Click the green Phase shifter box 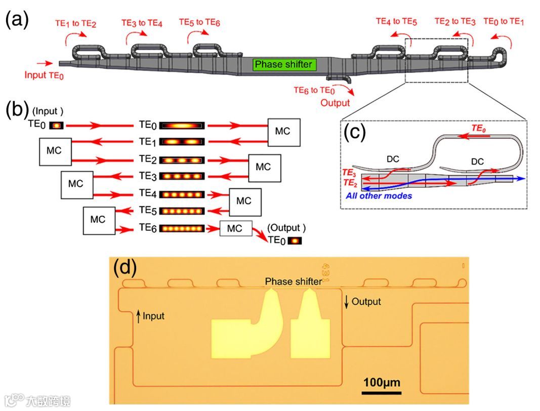[283, 65]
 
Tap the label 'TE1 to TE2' [75, 23]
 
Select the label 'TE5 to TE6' [199, 22]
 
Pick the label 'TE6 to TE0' [314, 91]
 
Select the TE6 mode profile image [182, 228]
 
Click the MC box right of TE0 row [284, 132]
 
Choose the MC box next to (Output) [235, 228]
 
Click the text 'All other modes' [379, 196]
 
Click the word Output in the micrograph [366, 302]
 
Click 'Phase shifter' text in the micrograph [293, 281]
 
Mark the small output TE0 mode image [294, 240]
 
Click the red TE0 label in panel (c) [478, 129]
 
